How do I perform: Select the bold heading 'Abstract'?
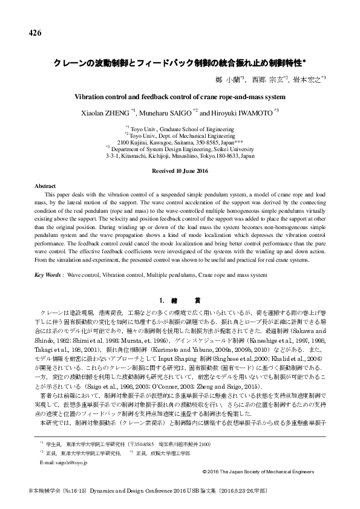(x=44, y=188)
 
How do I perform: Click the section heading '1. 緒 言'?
(x=180, y=300)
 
